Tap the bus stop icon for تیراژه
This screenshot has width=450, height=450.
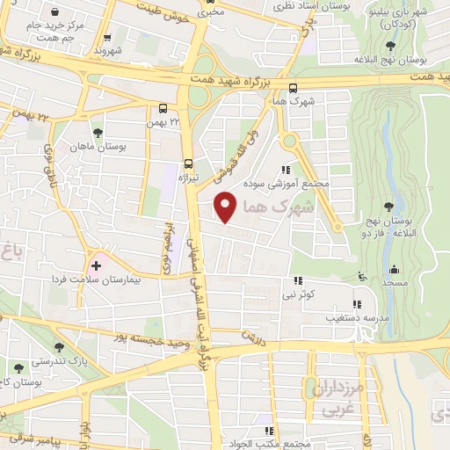[x=188, y=163]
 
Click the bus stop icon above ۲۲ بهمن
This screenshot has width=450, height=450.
[x=163, y=109]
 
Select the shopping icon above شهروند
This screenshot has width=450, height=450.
[x=108, y=38]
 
